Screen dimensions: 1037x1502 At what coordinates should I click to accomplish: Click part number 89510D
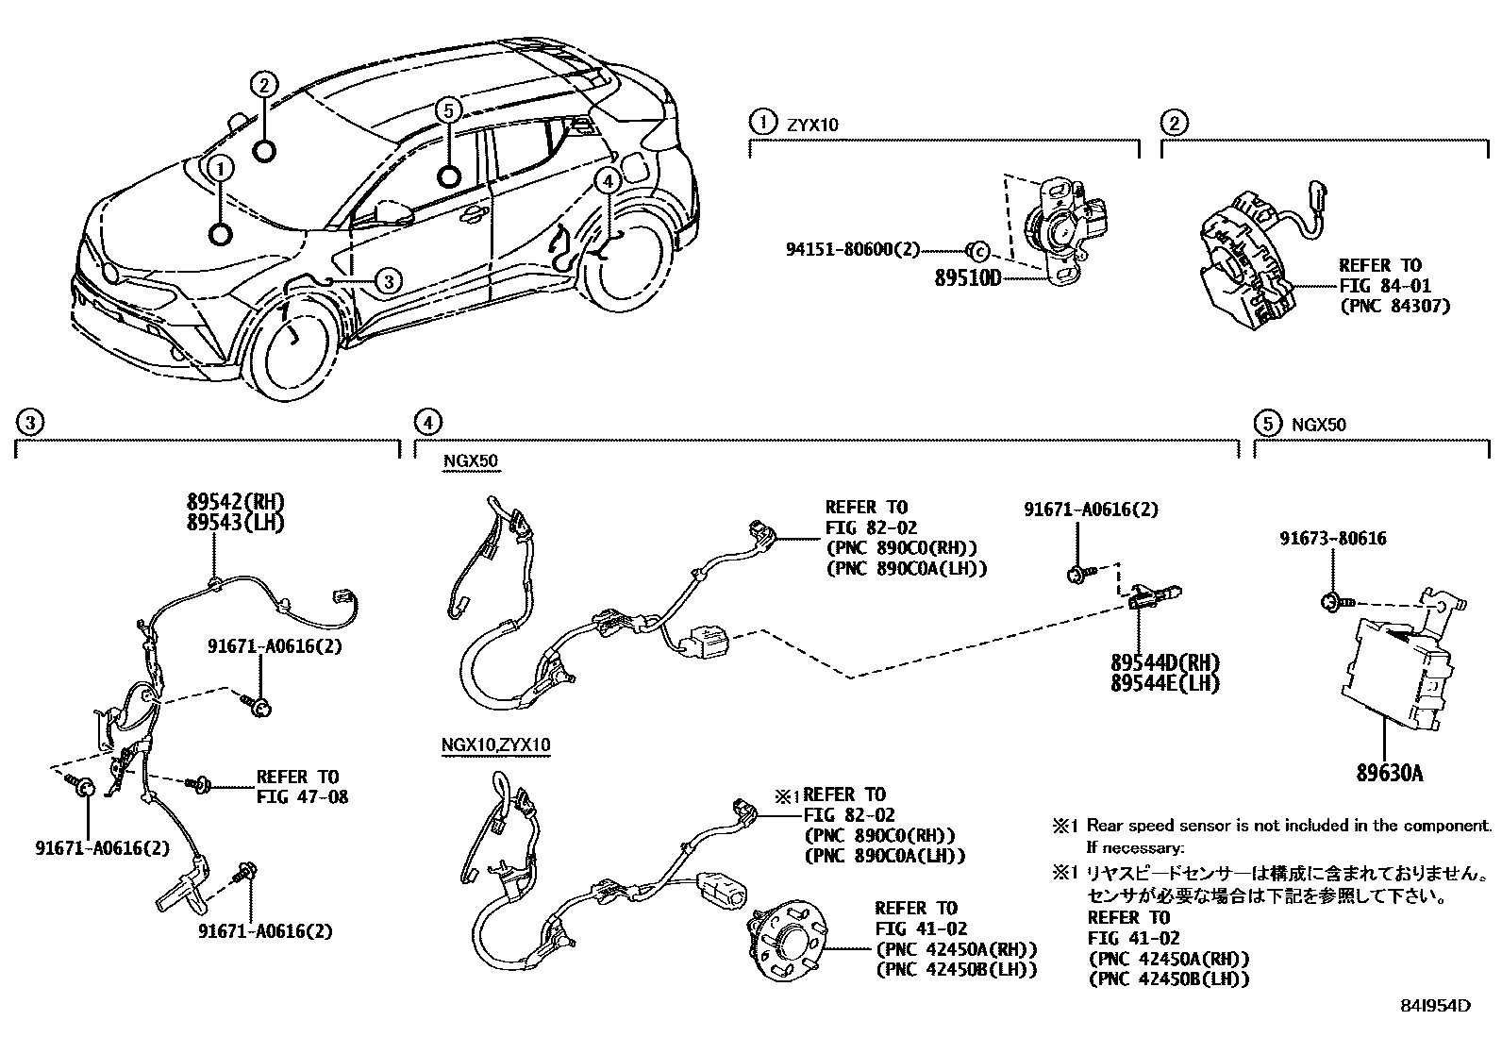pyautogui.click(x=967, y=281)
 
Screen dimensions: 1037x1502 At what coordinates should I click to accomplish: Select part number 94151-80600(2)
pyautogui.click(x=852, y=250)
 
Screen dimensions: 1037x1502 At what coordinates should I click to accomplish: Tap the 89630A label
pyautogui.click(x=1389, y=774)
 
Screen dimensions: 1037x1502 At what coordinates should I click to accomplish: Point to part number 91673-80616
pyautogui.click(x=1332, y=539)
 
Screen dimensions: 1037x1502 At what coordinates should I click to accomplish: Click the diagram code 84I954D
pyautogui.click(x=1435, y=1006)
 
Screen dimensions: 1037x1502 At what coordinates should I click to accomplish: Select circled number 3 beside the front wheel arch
pyautogui.click(x=387, y=279)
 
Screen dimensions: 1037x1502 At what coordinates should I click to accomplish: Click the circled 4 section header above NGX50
pyautogui.click(x=427, y=422)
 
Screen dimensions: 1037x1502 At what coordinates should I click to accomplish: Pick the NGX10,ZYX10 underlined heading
pyautogui.click(x=495, y=745)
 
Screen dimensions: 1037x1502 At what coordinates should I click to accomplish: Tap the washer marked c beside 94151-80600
pyautogui.click(x=978, y=251)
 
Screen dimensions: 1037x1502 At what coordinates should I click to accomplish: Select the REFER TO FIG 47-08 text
pyautogui.click(x=301, y=787)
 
